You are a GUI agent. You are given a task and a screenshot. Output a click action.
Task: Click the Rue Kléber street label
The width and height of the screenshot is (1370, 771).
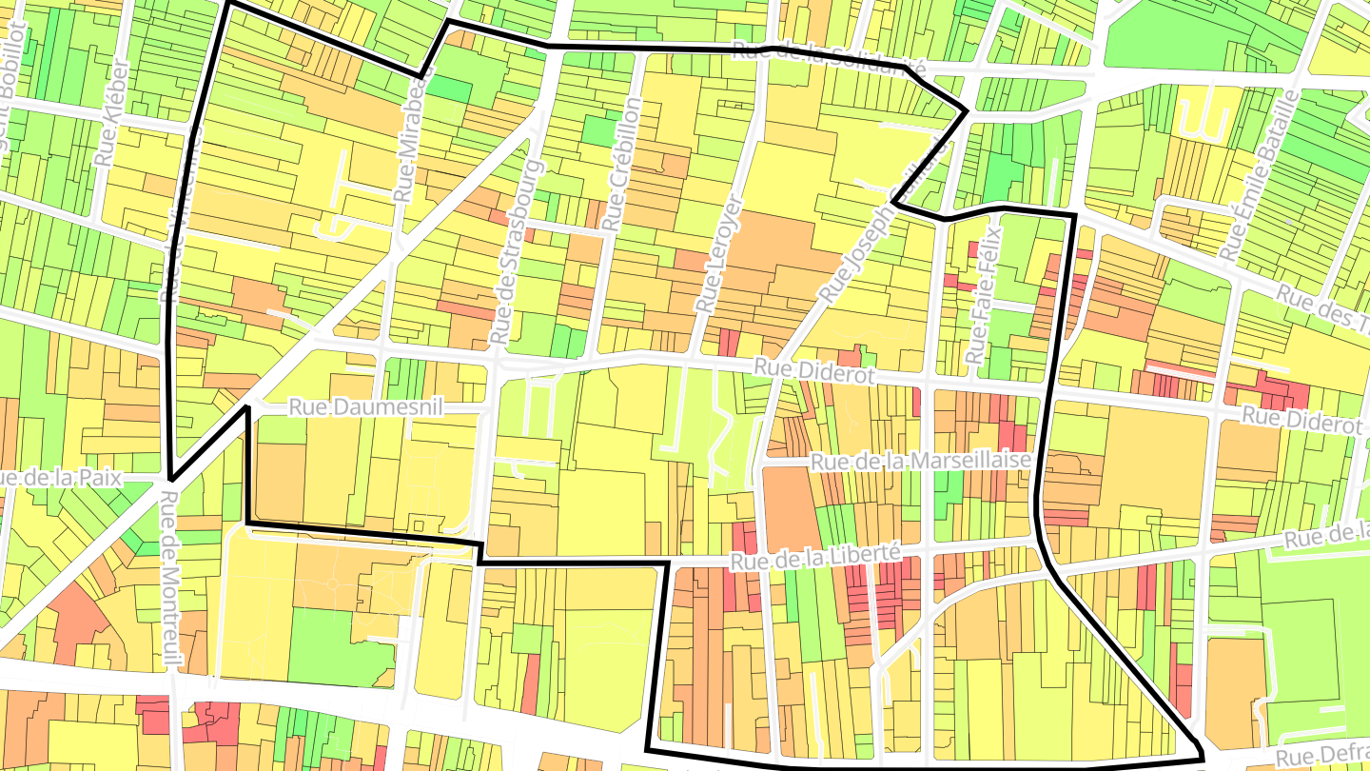tap(111, 112)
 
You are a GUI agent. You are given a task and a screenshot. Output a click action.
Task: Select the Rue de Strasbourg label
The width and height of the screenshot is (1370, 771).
tap(516, 252)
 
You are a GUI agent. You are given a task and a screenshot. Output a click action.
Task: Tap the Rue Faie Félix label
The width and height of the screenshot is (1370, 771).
tap(983, 294)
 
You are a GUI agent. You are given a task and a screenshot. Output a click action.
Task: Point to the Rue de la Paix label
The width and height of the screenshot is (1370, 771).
tap(63, 478)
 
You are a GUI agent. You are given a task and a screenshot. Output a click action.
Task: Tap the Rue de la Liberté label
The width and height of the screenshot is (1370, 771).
tap(814, 557)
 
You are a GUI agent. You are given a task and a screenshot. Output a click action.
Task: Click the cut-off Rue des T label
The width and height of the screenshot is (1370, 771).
tap(1322, 310)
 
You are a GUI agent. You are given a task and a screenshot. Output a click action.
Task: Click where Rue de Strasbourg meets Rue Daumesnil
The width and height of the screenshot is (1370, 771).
tap(489, 408)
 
